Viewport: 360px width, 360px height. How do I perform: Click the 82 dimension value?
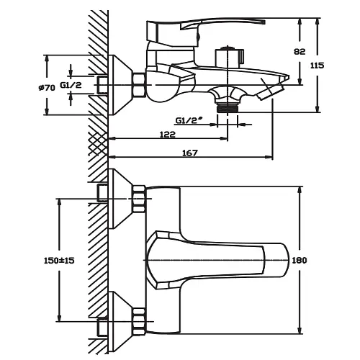300,52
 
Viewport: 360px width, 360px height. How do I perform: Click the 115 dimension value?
317,66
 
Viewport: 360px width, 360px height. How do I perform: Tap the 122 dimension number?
168,135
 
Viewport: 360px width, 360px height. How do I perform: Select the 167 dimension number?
190,153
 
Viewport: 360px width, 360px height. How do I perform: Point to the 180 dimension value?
300,260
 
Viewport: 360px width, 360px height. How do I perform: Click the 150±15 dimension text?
59,261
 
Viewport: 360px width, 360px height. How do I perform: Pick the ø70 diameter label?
47,88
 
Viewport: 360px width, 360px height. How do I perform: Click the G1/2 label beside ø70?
71,85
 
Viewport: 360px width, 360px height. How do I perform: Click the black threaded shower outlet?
228,107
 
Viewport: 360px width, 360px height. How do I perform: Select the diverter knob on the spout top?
230,57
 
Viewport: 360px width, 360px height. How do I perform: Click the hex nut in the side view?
139,85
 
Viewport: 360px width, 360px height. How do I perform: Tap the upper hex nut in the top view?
139,199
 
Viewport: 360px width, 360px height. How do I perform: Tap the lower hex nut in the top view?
139,321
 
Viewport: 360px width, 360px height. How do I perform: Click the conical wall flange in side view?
120,85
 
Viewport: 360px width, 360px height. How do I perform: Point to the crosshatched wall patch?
98,143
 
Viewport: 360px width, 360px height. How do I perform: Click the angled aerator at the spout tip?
271,92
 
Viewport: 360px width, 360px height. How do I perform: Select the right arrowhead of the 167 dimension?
269,157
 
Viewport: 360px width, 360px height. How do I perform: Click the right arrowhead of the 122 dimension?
223,138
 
